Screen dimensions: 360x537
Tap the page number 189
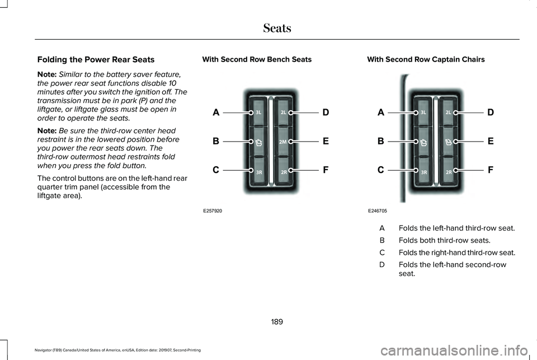[x=277, y=322]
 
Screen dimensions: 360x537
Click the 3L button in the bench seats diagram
[x=259, y=113]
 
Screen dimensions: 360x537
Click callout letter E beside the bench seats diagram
[x=326, y=142]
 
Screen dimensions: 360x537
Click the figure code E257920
[x=213, y=211]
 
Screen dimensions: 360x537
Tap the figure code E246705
[x=378, y=211]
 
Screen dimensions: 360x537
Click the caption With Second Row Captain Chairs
[x=426, y=59]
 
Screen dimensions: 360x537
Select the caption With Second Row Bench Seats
[x=257, y=59]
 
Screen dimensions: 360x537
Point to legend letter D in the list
[x=382, y=264]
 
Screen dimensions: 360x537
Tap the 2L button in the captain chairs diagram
[x=449, y=113]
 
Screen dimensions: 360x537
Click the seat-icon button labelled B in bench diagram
[x=259, y=142]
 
